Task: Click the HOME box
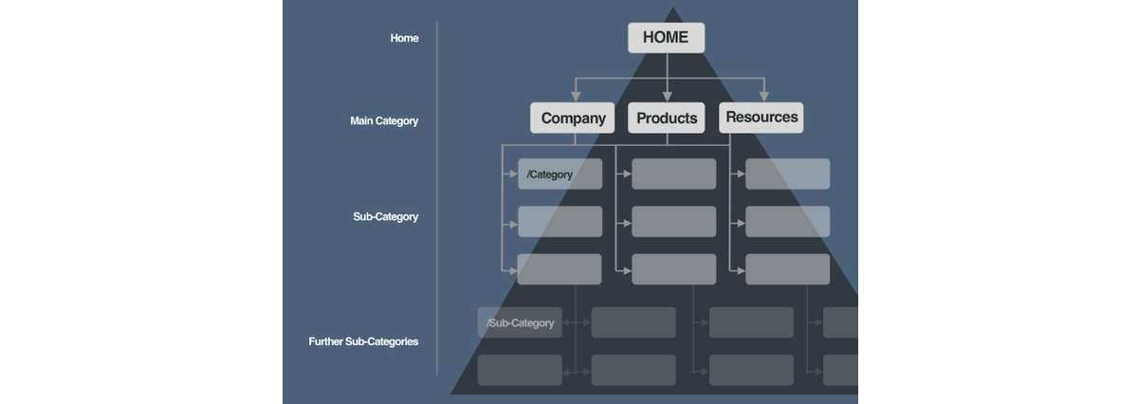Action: click(666, 38)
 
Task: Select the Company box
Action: click(573, 118)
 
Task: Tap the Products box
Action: click(667, 118)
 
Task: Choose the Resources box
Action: click(761, 118)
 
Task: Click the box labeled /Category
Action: click(560, 174)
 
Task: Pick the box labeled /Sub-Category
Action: click(520, 322)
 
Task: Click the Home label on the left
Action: click(404, 38)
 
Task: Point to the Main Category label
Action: click(384, 121)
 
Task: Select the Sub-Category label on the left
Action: click(386, 216)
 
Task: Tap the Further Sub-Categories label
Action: click(363, 341)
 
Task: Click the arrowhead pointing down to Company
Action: click(576, 97)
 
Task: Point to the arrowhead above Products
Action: click(668, 97)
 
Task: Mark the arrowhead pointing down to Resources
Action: click(764, 97)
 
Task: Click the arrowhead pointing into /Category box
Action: click(514, 174)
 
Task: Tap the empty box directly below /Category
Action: click(560, 222)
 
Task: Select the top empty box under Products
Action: click(674, 174)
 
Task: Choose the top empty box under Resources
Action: click(788, 174)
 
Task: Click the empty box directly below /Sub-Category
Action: click(520, 370)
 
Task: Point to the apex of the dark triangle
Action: click(673, 8)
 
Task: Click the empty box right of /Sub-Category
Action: click(633, 322)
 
